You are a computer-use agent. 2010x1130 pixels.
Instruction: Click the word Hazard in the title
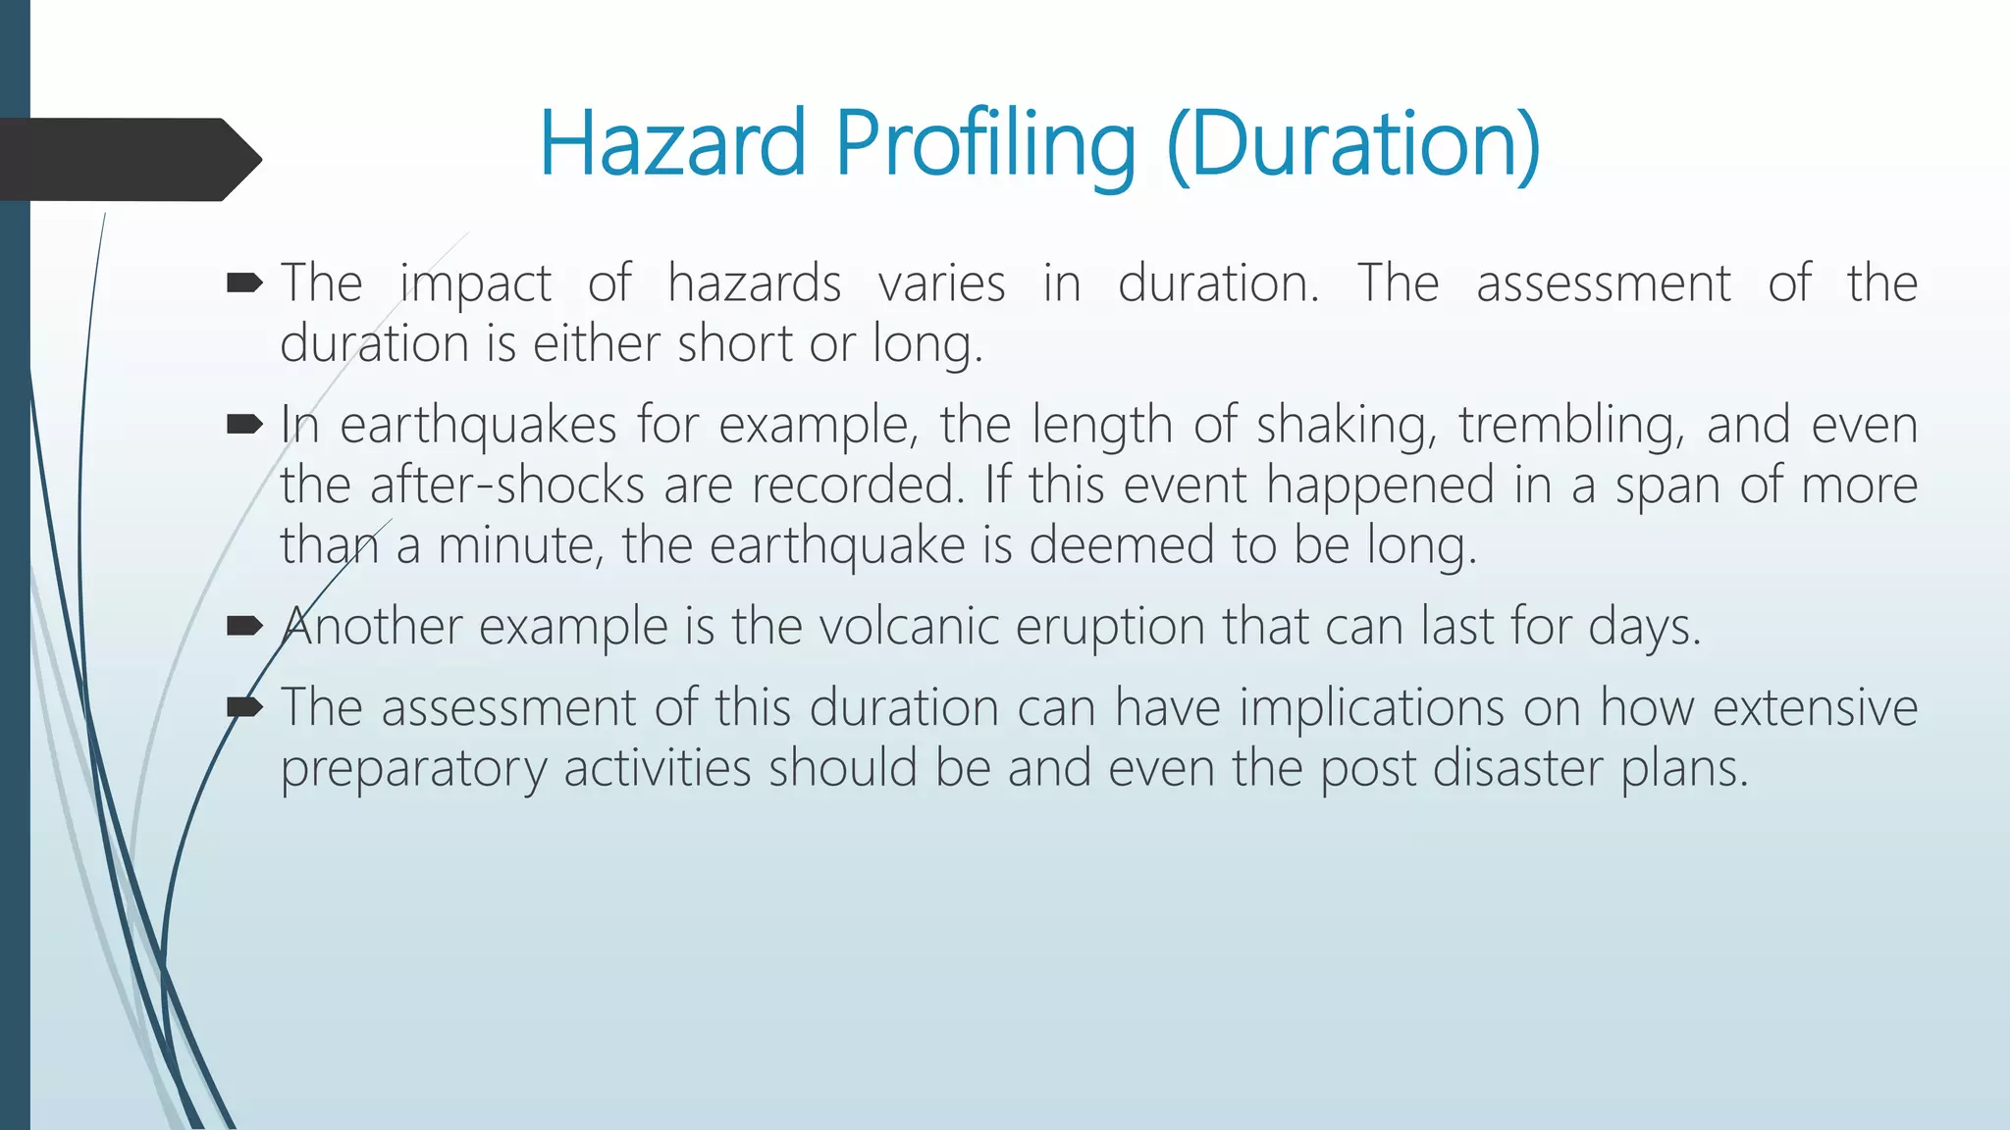[672, 144]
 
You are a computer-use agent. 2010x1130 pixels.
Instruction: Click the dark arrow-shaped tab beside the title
[128, 159]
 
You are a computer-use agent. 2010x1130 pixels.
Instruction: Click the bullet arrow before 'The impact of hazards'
[243, 284]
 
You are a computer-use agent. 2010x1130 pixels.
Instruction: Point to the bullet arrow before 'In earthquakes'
[243, 425]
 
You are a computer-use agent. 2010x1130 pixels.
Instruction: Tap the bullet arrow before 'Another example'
[243, 626]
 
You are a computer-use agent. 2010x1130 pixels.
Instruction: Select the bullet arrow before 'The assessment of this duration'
[243, 706]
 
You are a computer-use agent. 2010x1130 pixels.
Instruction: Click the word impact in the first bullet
[475, 284]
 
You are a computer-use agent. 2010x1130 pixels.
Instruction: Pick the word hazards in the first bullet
[754, 284]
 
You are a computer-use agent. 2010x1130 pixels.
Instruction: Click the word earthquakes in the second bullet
[478, 426]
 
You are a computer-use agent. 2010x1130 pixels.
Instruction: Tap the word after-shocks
[506, 486]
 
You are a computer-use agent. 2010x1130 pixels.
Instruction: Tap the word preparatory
[412, 768]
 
